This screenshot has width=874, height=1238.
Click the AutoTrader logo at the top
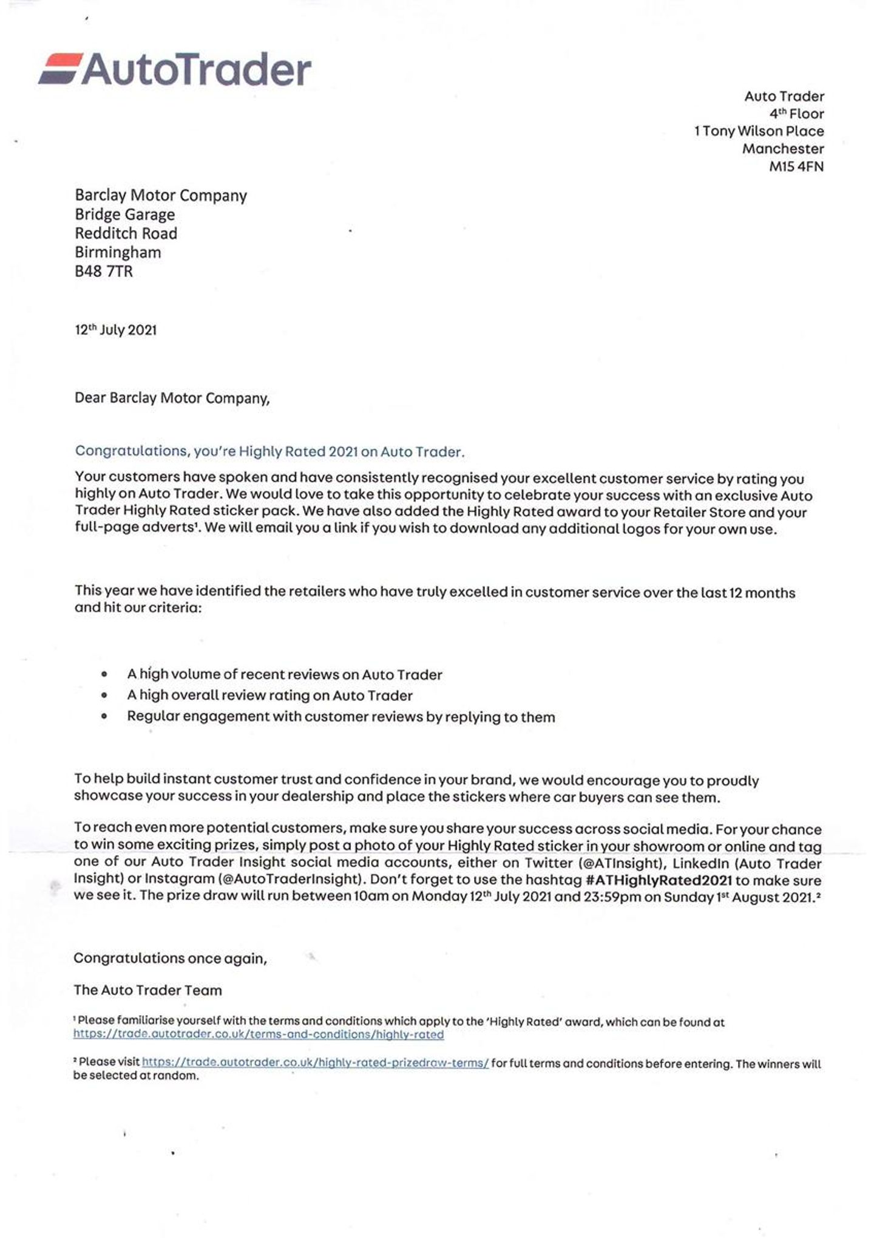click(x=175, y=69)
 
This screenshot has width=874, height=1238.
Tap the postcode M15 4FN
click(x=796, y=166)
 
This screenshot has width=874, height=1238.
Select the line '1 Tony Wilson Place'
click(x=759, y=131)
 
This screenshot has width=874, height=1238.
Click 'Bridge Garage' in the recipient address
click(x=124, y=214)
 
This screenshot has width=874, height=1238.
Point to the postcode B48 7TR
click(x=103, y=271)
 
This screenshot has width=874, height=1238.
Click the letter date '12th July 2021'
click(x=115, y=330)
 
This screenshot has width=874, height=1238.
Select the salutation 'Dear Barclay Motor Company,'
click(x=172, y=398)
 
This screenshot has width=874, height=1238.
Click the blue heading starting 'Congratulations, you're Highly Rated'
click(x=269, y=451)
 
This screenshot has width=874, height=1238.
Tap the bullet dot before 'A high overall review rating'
click(x=105, y=695)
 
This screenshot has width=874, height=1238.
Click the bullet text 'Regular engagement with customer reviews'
click(x=340, y=717)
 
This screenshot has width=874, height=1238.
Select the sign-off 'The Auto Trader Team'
click(x=147, y=990)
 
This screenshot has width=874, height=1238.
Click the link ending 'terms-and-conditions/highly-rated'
click(x=259, y=1035)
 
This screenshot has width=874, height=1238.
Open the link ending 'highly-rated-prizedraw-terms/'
click(x=315, y=1063)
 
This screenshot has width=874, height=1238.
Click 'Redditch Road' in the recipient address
click(x=126, y=233)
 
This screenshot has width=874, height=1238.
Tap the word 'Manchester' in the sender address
click(x=783, y=149)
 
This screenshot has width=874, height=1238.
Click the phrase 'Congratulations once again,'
click(x=170, y=958)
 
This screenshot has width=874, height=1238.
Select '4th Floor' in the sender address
click(x=796, y=114)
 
